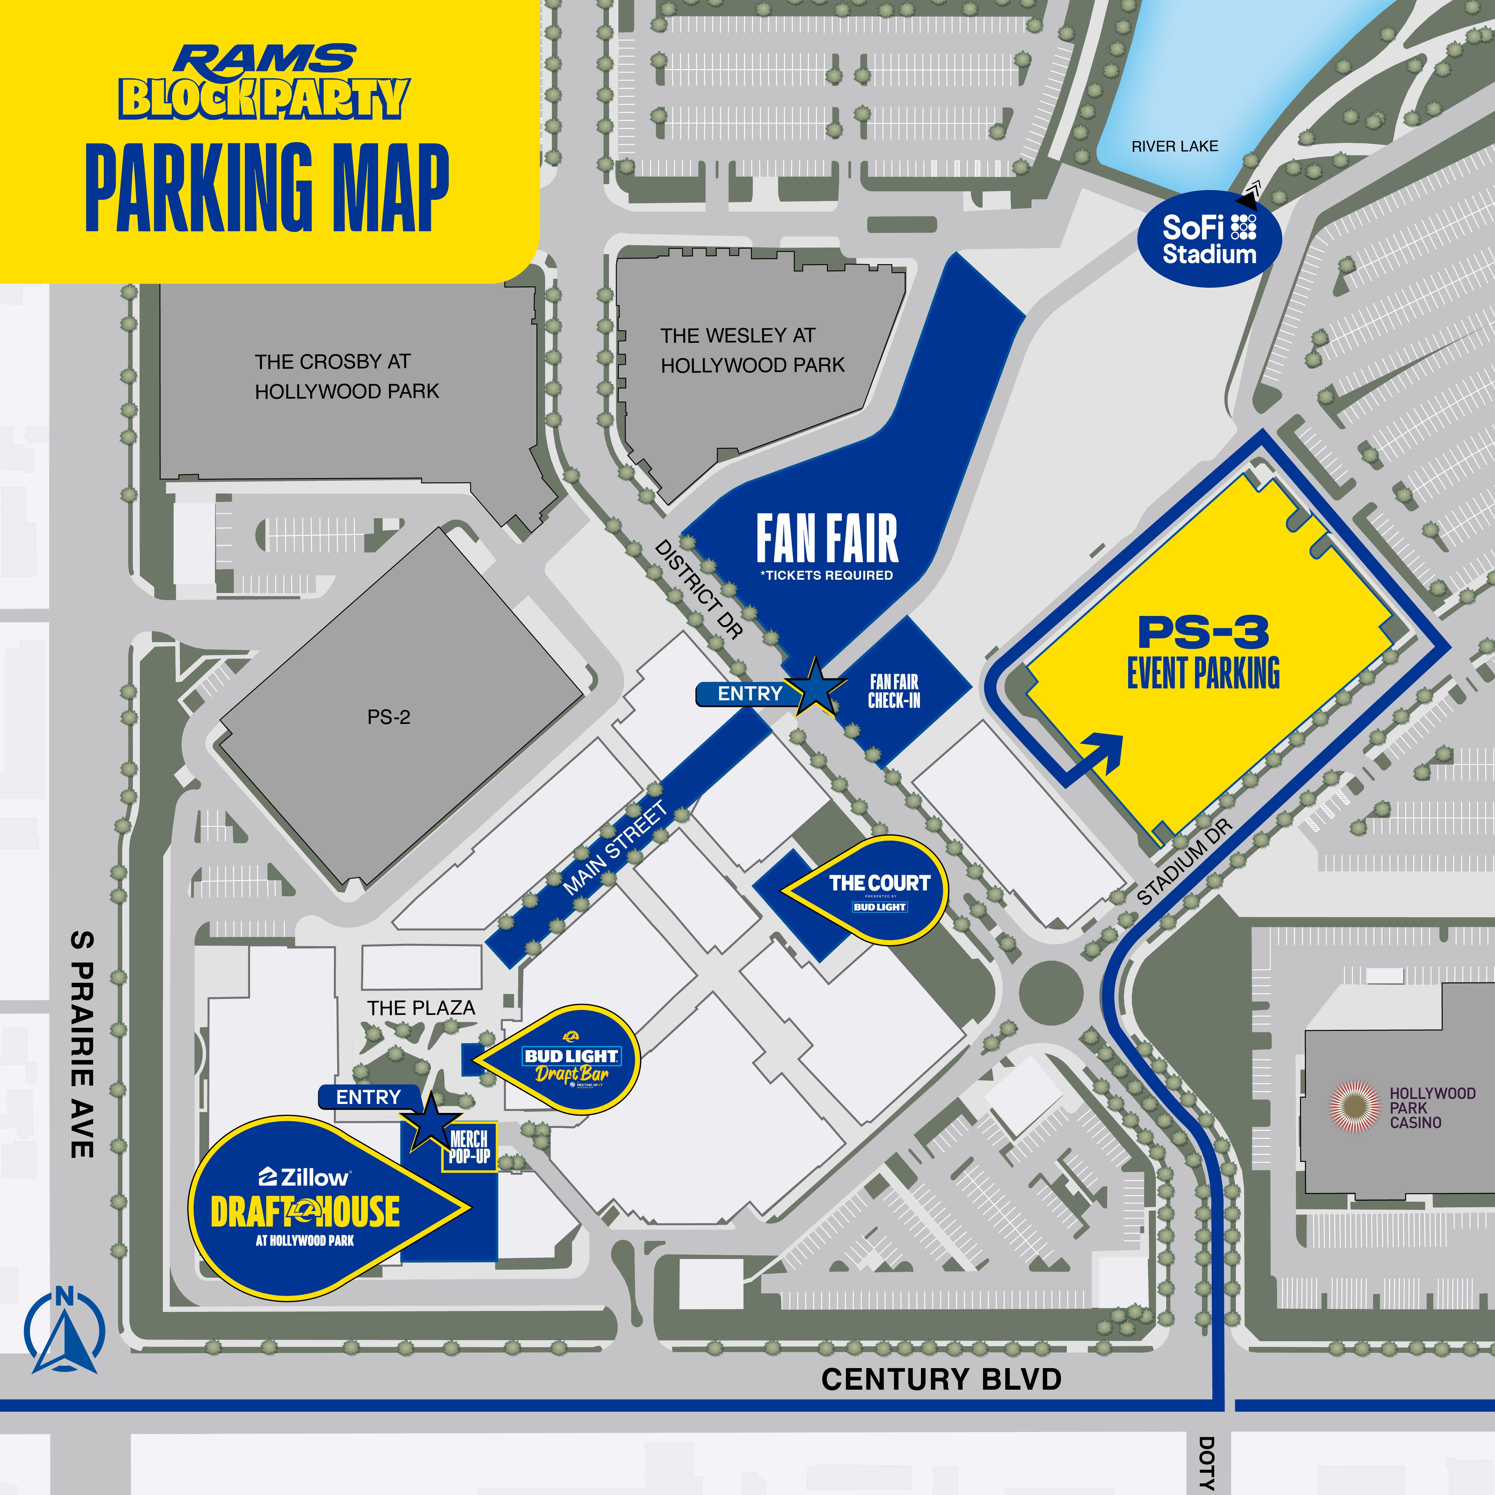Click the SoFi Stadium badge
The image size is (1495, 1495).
click(x=1209, y=240)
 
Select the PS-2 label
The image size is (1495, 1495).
click(x=388, y=717)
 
